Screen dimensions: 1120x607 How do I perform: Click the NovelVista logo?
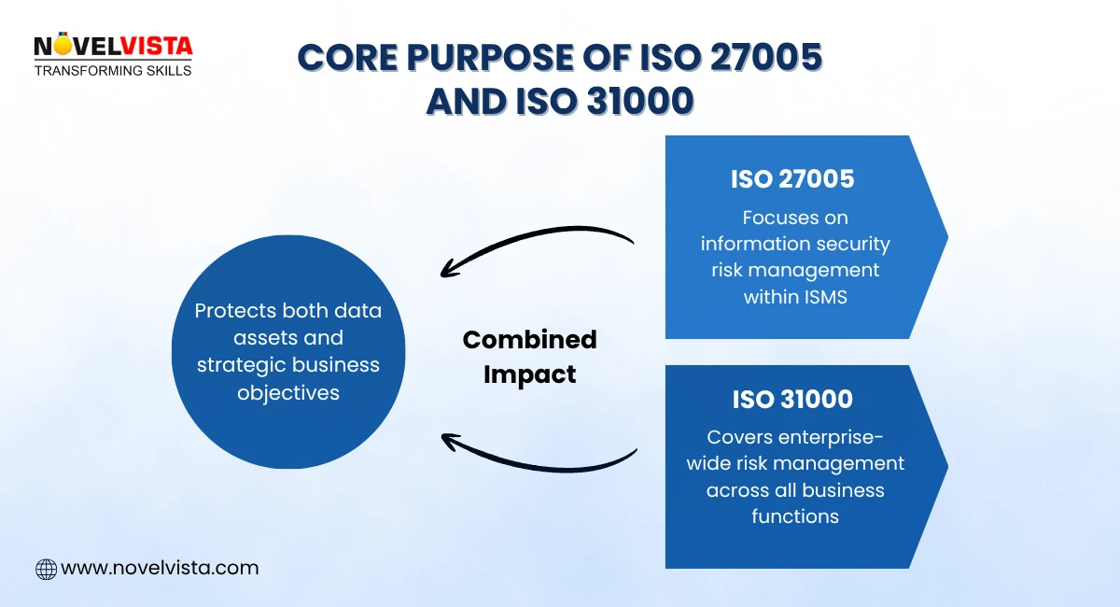(113, 47)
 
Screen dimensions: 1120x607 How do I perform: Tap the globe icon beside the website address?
(46, 568)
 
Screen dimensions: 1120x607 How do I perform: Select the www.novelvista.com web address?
(160, 568)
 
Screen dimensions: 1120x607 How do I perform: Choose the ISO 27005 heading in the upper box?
(792, 179)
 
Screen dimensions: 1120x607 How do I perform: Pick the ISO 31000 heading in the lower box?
(792, 400)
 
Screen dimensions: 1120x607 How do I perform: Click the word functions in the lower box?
(795, 515)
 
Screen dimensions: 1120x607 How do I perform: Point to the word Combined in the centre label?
(529, 340)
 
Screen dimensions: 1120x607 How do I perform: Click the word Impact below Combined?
(529, 374)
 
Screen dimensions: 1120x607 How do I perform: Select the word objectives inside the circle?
(288, 391)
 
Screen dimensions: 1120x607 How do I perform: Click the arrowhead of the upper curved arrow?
(449, 270)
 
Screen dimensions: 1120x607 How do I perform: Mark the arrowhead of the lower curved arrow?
(450, 438)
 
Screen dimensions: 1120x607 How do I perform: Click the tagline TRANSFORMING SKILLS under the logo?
(113, 70)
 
